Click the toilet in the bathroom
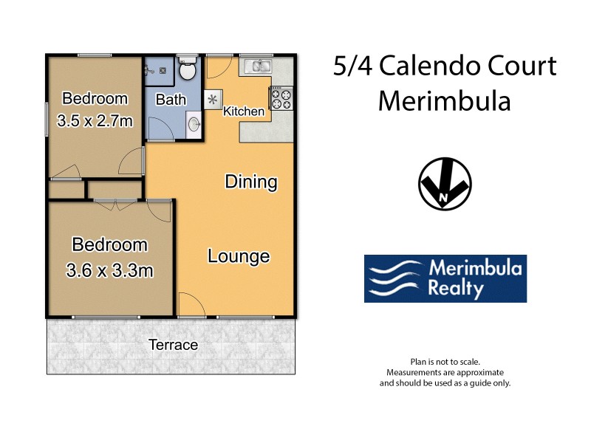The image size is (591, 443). [188, 71]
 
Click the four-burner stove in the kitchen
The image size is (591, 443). [281, 98]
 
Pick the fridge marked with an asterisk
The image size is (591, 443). [213, 99]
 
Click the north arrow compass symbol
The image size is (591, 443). [445, 183]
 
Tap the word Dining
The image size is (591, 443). [250, 182]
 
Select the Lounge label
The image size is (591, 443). [238, 256]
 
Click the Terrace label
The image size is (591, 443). [173, 345]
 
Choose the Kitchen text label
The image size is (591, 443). [244, 111]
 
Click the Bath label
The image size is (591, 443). [170, 99]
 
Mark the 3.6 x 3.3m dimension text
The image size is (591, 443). [109, 271]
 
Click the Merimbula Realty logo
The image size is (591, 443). [445, 279]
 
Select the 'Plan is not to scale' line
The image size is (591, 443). [445, 362]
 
